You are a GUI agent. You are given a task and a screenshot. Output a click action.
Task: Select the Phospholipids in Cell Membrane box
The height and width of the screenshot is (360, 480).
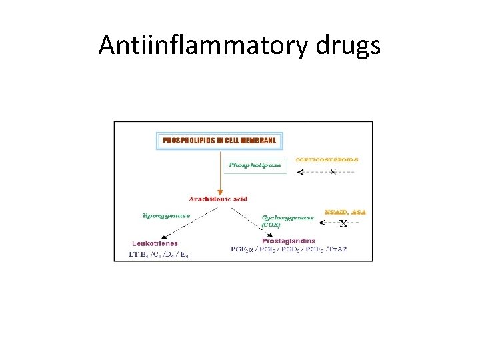(x=220, y=141)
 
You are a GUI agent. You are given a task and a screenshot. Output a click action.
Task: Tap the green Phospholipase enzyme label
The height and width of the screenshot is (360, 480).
(x=254, y=164)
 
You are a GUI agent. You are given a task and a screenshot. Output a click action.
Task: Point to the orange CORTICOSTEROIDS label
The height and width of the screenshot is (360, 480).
(x=327, y=159)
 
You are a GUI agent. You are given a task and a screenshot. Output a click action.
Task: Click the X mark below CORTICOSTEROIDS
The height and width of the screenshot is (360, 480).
(x=333, y=171)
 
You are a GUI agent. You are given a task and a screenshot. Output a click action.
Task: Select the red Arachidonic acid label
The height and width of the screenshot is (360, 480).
(x=218, y=199)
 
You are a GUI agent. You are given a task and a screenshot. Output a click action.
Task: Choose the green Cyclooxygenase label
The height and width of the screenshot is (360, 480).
(x=287, y=217)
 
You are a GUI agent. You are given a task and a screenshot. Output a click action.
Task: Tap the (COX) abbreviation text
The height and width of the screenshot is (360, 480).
(x=271, y=225)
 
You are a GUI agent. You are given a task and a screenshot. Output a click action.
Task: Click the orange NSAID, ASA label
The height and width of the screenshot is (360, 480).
(x=345, y=212)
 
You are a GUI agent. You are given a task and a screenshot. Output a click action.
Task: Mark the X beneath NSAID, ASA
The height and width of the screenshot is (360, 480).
(x=343, y=223)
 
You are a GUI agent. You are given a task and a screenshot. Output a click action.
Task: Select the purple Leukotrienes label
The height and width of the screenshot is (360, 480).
(x=155, y=243)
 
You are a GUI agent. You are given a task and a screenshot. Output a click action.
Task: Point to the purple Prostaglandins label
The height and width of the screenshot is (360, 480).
(x=289, y=241)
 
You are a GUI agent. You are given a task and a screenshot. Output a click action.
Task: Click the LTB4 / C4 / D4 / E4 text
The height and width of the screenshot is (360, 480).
(x=159, y=254)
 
